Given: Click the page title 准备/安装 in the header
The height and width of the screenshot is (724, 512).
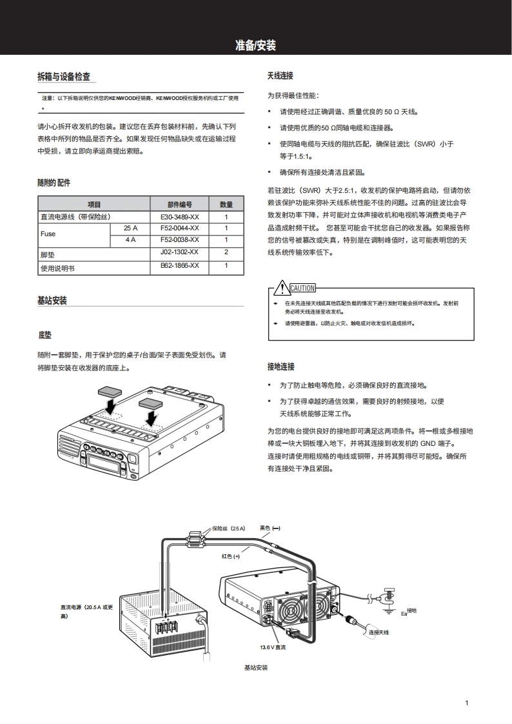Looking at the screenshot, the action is [x=255, y=45].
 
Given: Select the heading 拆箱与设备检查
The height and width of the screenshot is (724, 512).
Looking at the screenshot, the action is [x=64, y=77].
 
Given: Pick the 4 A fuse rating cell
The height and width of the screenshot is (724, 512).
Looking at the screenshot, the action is [x=131, y=240].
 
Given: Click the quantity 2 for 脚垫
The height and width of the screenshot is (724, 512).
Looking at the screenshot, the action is [x=226, y=252].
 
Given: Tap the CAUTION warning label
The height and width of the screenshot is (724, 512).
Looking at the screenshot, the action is [x=302, y=288].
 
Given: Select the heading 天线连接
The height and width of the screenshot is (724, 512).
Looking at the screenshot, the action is [x=281, y=75].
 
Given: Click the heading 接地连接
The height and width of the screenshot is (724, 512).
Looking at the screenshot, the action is [x=281, y=367].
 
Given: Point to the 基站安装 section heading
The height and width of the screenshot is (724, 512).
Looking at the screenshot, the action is [x=52, y=301].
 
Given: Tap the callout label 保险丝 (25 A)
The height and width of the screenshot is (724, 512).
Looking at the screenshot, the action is [x=228, y=528].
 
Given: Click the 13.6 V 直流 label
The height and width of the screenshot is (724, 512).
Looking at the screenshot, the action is [x=273, y=647].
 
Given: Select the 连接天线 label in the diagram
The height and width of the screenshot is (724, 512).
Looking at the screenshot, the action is [x=379, y=632].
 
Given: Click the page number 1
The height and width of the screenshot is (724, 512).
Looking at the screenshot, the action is [x=466, y=703].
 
